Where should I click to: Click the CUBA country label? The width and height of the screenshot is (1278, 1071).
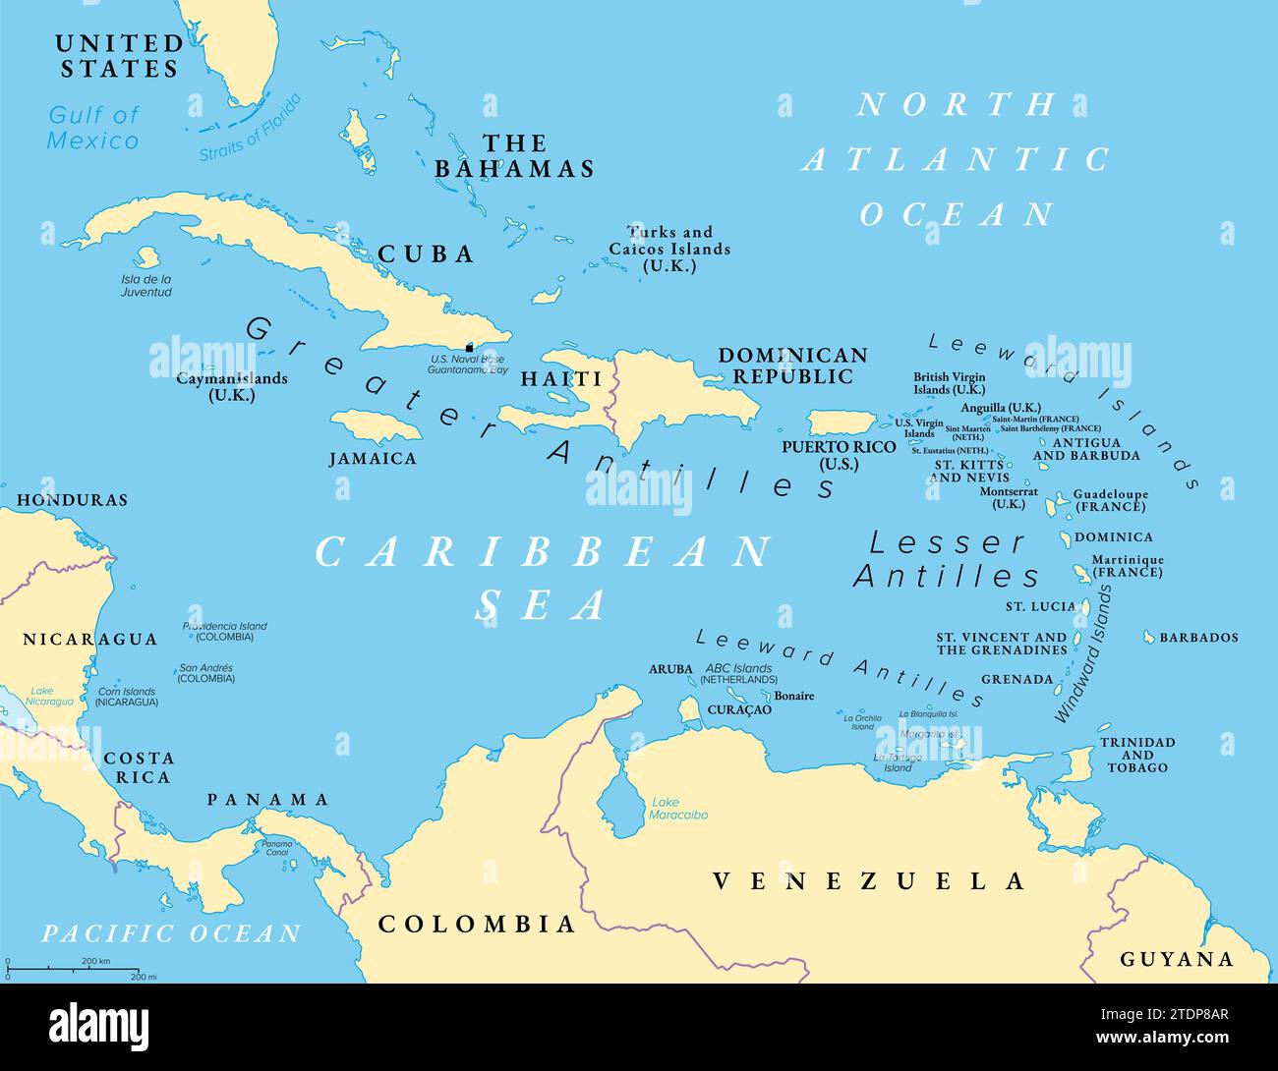[427, 254]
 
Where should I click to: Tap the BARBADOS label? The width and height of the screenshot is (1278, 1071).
[1198, 638]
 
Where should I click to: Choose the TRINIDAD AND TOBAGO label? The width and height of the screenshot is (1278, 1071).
[1137, 755]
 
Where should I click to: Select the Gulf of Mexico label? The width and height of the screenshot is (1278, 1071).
[93, 128]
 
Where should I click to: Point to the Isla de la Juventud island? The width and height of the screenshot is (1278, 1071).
[147, 257]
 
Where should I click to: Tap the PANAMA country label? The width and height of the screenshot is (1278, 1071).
[267, 800]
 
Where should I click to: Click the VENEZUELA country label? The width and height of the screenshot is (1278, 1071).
[868, 881]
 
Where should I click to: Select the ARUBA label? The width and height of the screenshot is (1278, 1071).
[669, 669]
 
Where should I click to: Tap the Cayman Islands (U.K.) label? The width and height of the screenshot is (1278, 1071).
[232, 386]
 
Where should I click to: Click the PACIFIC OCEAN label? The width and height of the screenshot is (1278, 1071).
[171, 933]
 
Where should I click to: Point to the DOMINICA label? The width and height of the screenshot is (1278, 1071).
[1113, 537]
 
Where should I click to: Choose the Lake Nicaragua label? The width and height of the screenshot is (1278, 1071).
[51, 696]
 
